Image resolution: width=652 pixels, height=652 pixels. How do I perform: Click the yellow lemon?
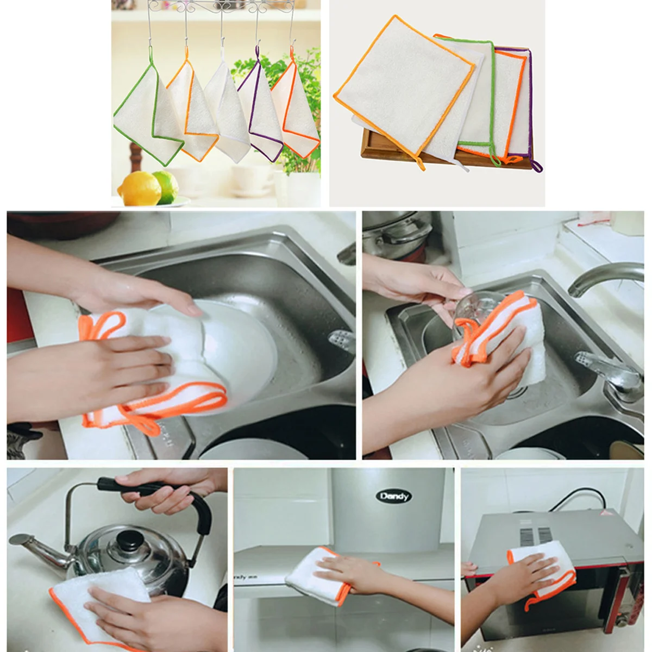(139, 187)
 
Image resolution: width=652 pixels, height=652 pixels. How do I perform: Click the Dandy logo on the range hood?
(395, 496)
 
